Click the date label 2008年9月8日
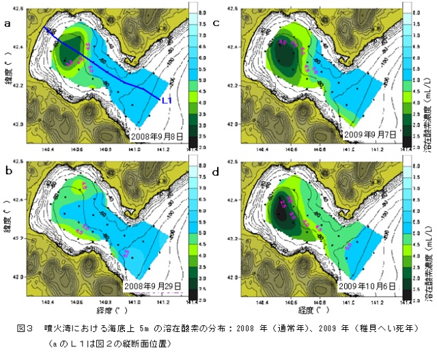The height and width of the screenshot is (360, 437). pyautogui.click(x=158, y=137)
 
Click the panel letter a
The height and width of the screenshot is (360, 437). pyautogui.click(x=8, y=23)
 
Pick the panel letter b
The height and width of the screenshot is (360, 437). pyautogui.click(x=8, y=171)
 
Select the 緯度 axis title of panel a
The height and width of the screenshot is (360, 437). pyautogui.click(x=7, y=74)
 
